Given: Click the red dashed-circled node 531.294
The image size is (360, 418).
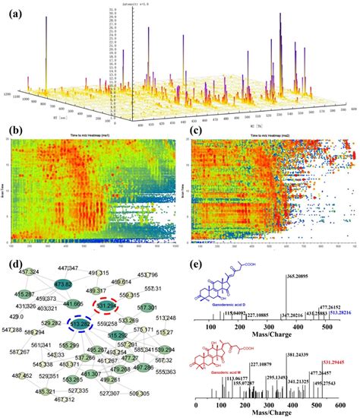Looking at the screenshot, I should [x=107, y=305].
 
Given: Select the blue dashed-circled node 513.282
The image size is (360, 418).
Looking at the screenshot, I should [x=82, y=324].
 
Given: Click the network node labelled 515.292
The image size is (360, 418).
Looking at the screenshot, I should [x=117, y=334].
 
